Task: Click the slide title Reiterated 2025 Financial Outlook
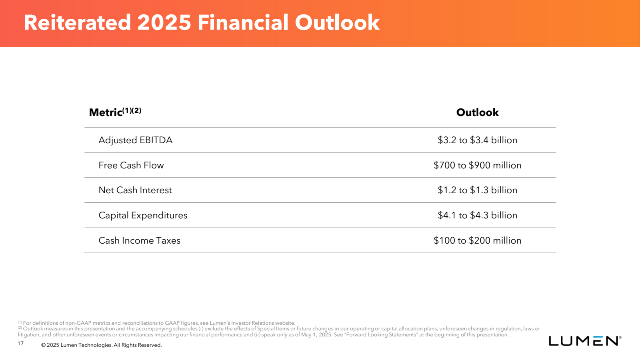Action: point(202,22)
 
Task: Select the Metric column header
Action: point(115,112)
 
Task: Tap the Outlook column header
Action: point(478,112)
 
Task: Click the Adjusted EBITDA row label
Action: point(136,140)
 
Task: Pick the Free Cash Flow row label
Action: point(131,165)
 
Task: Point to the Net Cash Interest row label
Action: point(135,190)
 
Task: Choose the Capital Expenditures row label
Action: point(143,216)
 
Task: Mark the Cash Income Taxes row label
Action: point(140,240)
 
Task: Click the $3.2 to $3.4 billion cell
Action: point(478,140)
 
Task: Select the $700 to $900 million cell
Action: point(478,165)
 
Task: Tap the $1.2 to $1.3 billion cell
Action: point(478,190)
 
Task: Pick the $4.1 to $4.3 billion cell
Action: point(478,216)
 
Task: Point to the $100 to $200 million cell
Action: point(478,240)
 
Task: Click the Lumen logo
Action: point(585,340)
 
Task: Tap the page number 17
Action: point(20,344)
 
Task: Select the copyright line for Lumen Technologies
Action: point(102,345)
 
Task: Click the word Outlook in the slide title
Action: point(337,22)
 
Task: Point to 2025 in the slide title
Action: point(164,22)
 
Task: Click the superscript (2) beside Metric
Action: point(137,110)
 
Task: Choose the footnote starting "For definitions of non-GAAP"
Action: point(156,323)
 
